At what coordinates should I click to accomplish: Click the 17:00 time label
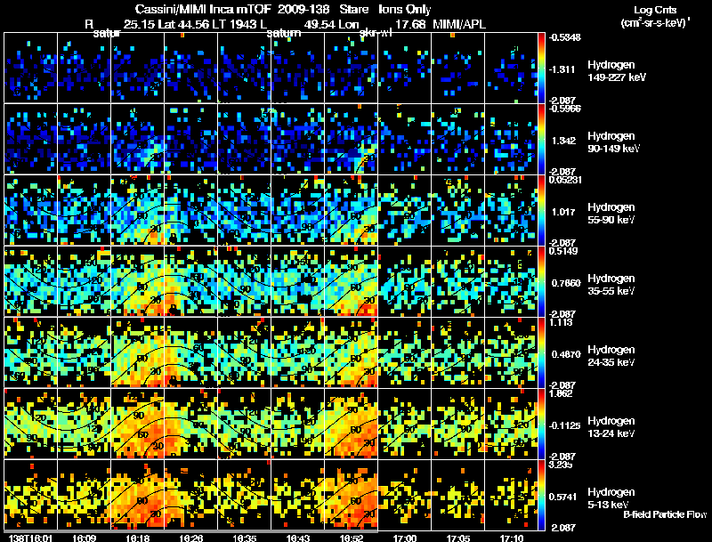point(404,538)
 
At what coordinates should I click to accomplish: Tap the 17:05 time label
point(457,538)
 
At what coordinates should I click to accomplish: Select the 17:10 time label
point(511,538)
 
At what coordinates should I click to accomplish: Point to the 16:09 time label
point(84,538)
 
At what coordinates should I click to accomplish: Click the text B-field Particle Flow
point(665,514)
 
